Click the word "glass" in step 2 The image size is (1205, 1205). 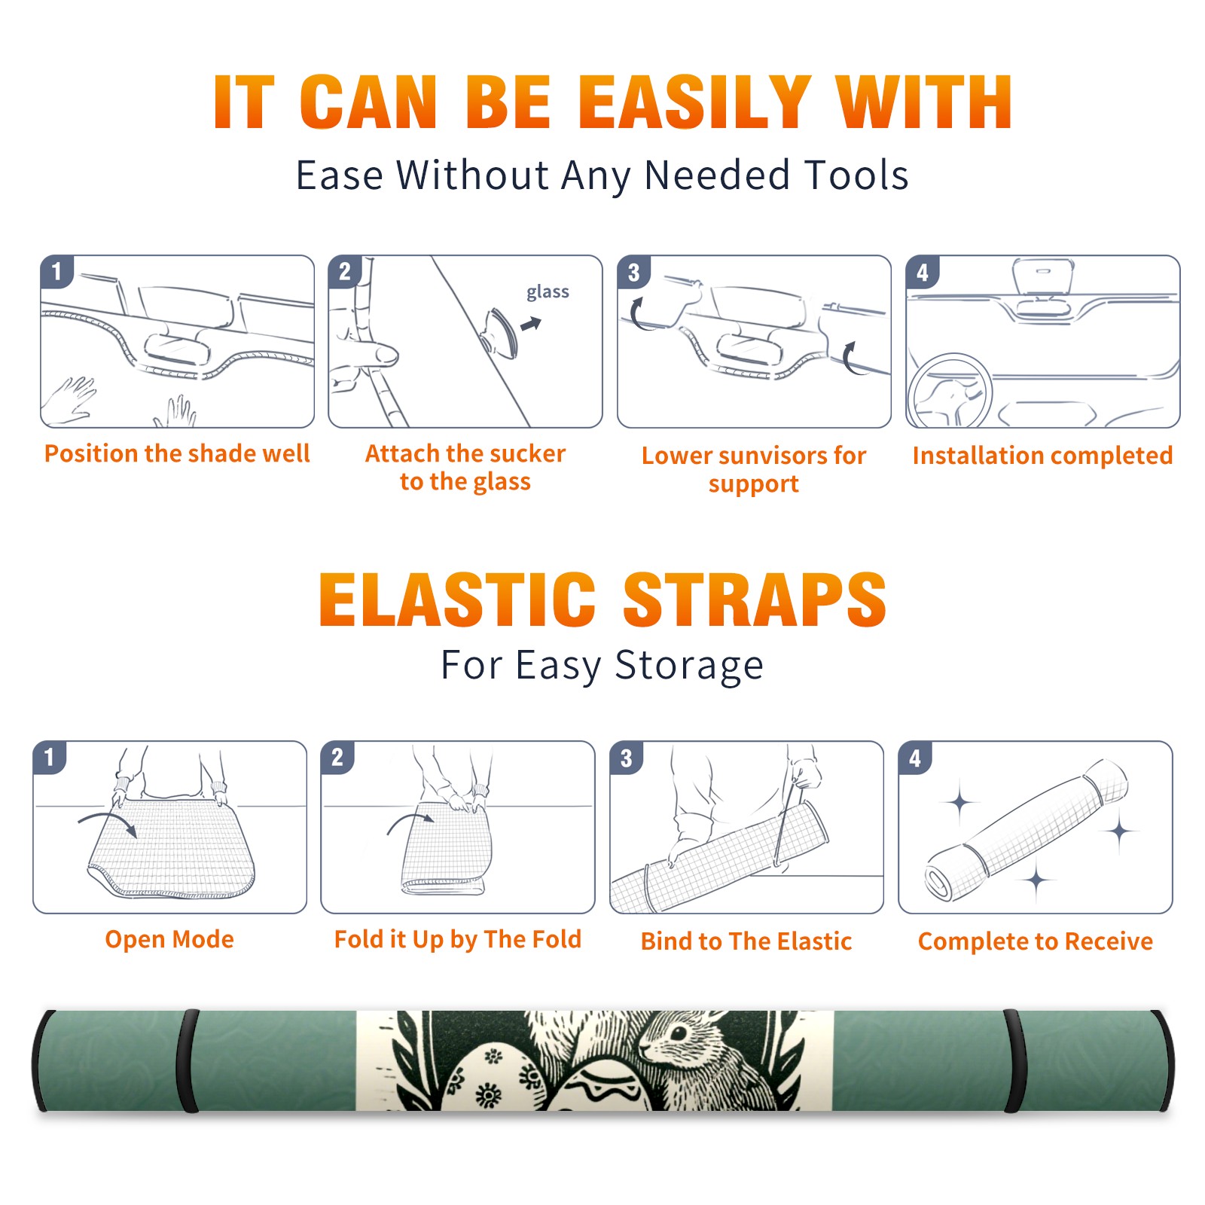coord(548,292)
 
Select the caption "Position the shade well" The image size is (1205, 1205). coord(177,453)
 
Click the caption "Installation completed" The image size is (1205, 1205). coord(1042,455)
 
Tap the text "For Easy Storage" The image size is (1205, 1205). coord(602,665)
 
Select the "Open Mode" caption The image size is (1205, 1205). coord(169,939)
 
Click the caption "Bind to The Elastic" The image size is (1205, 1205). coord(746,941)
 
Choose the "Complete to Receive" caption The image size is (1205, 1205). coord(1036,941)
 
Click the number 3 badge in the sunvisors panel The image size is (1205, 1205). coord(633,273)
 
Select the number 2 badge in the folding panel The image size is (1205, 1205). coord(337,758)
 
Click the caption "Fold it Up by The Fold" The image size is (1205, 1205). coord(458,939)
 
